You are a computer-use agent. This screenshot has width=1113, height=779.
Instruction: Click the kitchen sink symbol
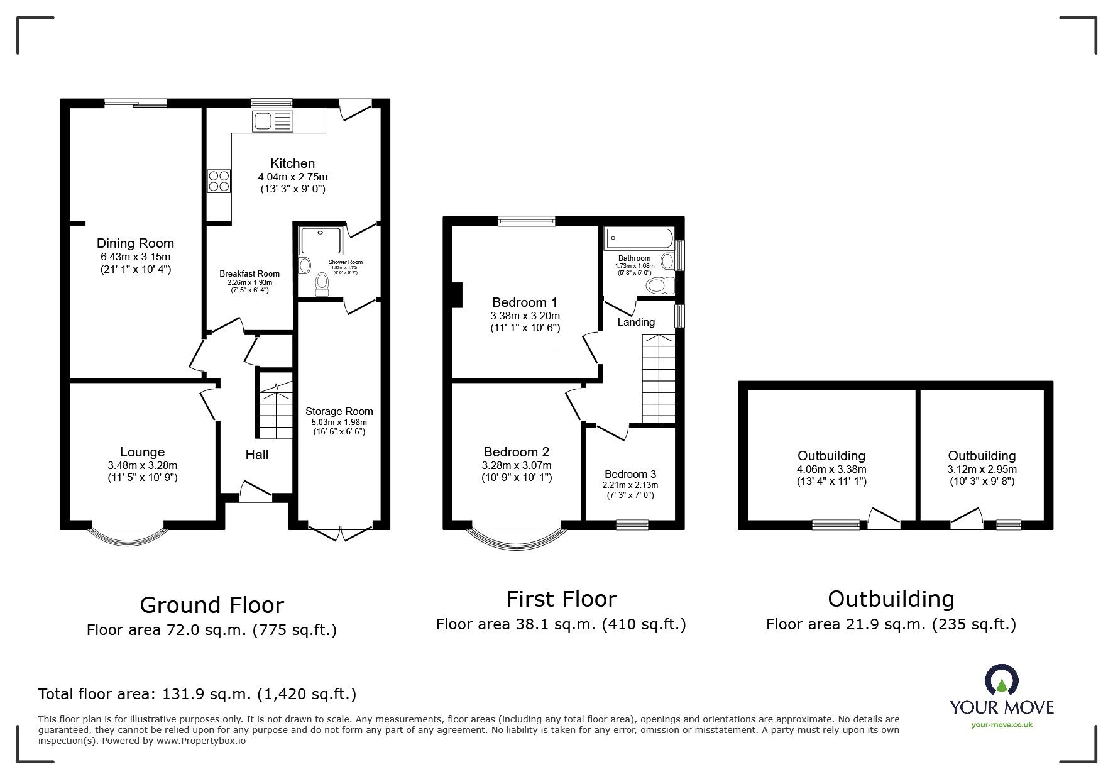[272, 121]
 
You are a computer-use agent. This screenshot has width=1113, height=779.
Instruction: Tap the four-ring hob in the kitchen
[219, 182]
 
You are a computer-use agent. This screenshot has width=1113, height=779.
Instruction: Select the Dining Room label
[135, 243]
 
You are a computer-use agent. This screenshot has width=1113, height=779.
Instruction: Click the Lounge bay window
[129, 539]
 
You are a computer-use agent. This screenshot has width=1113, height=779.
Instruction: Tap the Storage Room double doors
[339, 533]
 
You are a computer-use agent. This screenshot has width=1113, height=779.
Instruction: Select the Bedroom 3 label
[630, 474]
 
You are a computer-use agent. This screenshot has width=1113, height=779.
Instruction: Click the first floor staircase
[658, 378]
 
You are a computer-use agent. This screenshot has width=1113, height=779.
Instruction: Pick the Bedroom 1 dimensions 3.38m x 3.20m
[525, 316]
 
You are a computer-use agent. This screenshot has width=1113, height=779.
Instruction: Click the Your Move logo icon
[1001, 681]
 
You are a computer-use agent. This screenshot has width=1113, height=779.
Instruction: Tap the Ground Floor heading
[212, 605]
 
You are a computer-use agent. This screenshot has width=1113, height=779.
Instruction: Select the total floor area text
[197, 694]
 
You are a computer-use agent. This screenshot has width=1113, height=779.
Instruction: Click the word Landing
[636, 322]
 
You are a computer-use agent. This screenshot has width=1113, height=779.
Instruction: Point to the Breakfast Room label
[249, 273]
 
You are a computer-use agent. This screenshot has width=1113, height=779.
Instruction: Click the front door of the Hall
[256, 492]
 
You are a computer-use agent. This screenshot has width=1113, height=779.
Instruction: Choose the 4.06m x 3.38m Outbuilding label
[831, 468]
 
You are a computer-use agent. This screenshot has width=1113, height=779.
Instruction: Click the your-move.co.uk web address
[1002, 725]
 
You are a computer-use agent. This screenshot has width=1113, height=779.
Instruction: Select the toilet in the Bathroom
[659, 286]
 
